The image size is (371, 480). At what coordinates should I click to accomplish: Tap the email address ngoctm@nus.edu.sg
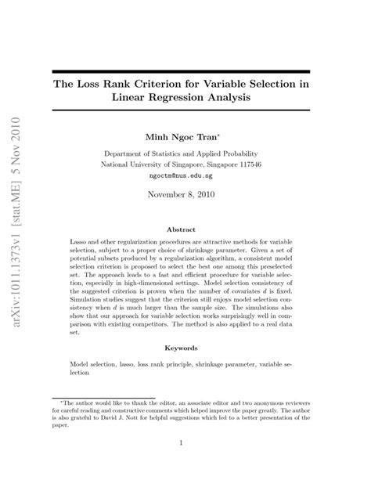click(181, 178)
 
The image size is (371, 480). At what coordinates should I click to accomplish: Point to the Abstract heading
click(181, 230)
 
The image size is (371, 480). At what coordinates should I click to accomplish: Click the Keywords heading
click(181, 348)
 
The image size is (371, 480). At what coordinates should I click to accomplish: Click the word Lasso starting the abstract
click(81, 246)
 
